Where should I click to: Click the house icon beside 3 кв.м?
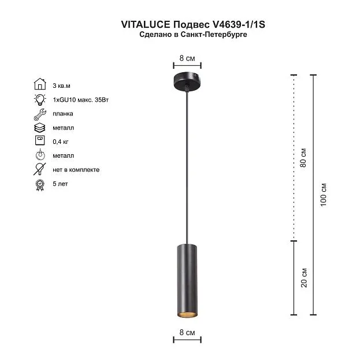pos(40,84)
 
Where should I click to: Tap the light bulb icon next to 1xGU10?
pos(40,99)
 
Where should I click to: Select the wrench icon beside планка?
pos(40,114)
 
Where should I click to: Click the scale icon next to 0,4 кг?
pos(40,140)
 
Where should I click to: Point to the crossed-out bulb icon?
pos(39,169)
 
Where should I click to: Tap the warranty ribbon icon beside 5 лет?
pos(40,185)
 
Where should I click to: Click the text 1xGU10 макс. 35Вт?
pos(80,100)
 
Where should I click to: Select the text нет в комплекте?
pos(76,170)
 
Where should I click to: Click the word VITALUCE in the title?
pos(146,24)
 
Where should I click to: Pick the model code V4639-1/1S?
pos(237,24)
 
